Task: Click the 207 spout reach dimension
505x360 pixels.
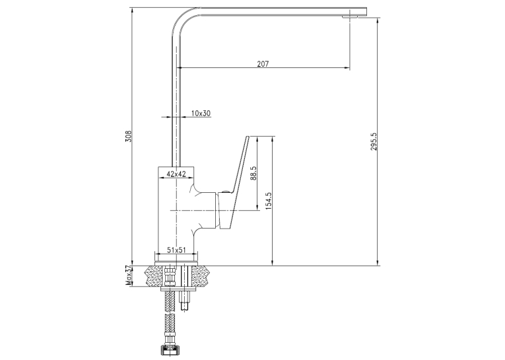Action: click(263, 63)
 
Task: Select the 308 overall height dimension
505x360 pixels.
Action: click(129, 136)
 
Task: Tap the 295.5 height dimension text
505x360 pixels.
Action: click(374, 141)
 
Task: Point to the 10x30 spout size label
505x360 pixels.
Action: click(201, 113)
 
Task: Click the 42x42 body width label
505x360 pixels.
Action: click(176, 174)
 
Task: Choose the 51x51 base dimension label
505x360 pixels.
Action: click(176, 250)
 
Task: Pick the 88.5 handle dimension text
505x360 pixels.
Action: click(253, 173)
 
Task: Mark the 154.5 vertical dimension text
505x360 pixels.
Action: click(269, 201)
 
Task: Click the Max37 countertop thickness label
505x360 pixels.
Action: click(129, 275)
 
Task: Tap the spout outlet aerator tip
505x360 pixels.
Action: click(349, 17)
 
